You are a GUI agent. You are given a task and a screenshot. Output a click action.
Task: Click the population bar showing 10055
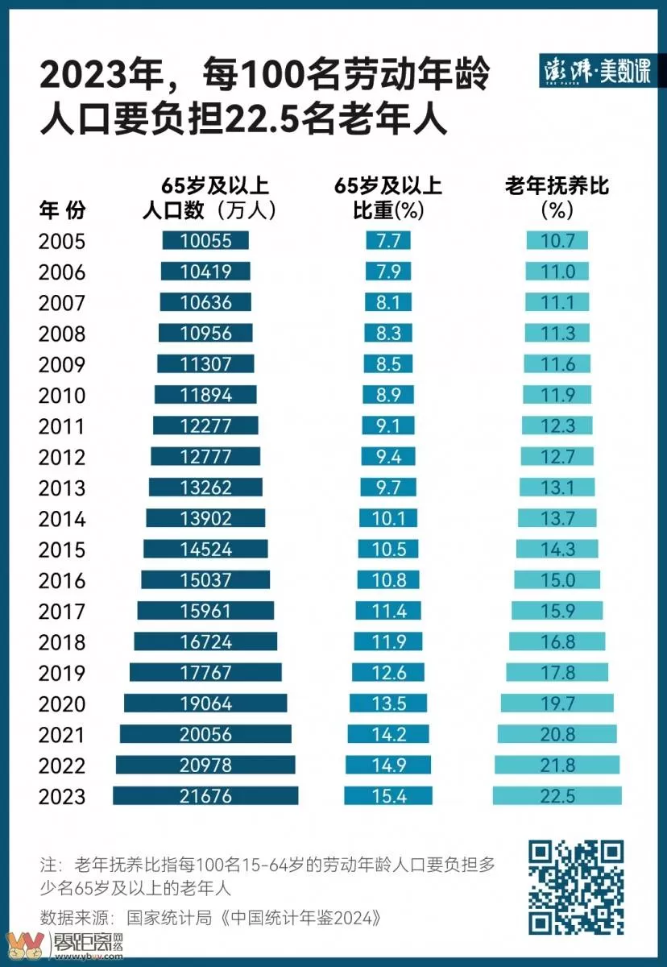(x=205, y=240)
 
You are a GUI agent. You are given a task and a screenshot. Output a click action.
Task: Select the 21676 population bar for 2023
(x=205, y=796)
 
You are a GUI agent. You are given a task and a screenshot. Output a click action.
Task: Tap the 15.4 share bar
(x=388, y=796)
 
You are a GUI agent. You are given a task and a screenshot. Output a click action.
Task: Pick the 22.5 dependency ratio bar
(x=557, y=796)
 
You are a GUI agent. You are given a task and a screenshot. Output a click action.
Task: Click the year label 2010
(x=62, y=396)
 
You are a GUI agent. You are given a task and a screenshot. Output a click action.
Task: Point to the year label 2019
(x=62, y=674)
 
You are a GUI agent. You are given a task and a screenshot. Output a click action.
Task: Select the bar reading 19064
(x=205, y=703)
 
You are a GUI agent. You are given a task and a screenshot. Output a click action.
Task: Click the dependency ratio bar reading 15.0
(x=557, y=580)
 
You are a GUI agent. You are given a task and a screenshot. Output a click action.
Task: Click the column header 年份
(x=62, y=210)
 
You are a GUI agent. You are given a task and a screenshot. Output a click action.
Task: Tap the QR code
(x=576, y=886)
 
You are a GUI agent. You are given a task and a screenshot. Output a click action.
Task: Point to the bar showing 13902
(x=205, y=518)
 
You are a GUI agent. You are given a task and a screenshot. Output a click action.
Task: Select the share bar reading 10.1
(x=388, y=518)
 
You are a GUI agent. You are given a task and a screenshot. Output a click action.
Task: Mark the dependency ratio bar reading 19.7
(x=557, y=703)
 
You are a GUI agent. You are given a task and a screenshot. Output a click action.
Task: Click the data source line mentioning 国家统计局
(x=209, y=917)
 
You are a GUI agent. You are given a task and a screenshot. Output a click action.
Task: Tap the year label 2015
(x=62, y=550)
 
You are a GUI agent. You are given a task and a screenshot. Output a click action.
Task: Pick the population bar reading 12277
(x=205, y=425)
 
